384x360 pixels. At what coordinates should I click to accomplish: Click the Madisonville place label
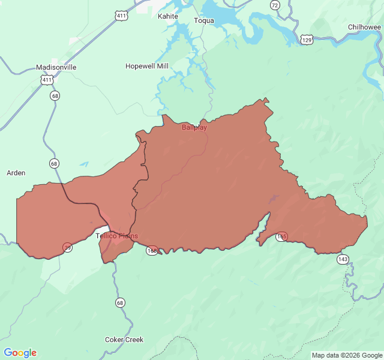point(56,67)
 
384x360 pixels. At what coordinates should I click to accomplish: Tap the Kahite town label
point(168,16)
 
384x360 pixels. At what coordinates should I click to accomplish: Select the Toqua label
point(204,20)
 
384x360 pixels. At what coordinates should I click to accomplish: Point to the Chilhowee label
point(364,27)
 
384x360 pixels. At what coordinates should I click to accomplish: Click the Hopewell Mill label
point(147,66)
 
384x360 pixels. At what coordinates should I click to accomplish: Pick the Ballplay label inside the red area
point(194,127)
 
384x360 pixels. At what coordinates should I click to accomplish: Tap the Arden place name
point(16,173)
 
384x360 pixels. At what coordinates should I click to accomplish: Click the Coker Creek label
point(124,340)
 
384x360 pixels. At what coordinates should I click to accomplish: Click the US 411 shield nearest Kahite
point(122,16)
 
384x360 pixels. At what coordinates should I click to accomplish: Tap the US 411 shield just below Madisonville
point(47,79)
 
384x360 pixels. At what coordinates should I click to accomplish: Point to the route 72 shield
point(275,5)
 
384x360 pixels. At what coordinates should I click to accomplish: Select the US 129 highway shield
point(307,40)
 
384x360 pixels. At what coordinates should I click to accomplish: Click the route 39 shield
point(68,247)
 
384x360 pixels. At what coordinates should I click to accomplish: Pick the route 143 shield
point(342,259)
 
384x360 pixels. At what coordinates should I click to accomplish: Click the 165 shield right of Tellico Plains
point(152,250)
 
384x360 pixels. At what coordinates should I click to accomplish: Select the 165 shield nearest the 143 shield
point(281,236)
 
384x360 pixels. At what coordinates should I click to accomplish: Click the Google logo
point(20,353)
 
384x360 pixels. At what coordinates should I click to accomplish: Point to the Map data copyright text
point(346,355)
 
